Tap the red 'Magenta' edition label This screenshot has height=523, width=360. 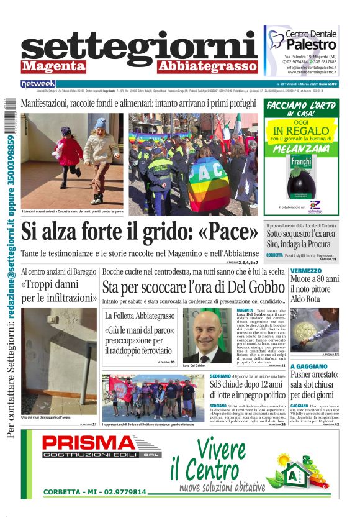point(54,66)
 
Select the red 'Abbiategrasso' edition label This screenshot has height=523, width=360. point(207,66)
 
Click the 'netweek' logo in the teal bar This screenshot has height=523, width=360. point(38,83)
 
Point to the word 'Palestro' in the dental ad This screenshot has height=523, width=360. point(311,45)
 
